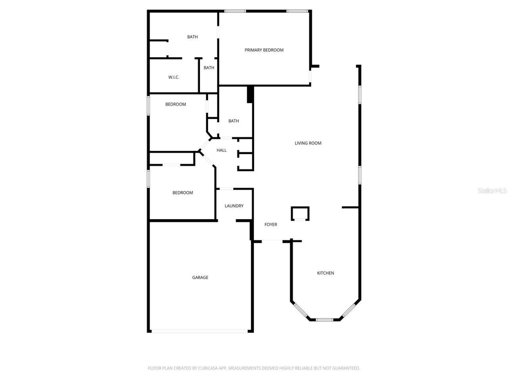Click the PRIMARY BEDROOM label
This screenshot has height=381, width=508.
click(x=264, y=50)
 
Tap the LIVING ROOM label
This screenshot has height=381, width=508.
click(x=308, y=143)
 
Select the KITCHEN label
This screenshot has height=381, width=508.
click(x=325, y=273)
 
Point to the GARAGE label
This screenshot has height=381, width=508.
click(x=200, y=277)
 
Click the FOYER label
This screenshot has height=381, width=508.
click(x=271, y=225)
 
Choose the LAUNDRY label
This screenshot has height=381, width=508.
click(x=234, y=206)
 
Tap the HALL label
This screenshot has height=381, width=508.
click(x=221, y=150)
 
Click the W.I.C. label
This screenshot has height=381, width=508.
click(x=174, y=77)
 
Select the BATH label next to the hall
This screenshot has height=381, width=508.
click(x=234, y=121)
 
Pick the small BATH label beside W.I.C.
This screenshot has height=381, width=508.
click(x=209, y=68)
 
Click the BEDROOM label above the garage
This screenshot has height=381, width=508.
click(x=183, y=193)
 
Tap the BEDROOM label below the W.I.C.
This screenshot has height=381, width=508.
click(x=175, y=104)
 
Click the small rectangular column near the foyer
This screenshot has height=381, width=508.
click(x=300, y=214)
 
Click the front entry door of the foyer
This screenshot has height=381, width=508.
click(x=272, y=241)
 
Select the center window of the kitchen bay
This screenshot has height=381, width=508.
click(x=324, y=319)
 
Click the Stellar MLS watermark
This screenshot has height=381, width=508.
click(x=492, y=191)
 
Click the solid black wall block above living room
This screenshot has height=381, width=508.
click(x=250, y=94)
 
